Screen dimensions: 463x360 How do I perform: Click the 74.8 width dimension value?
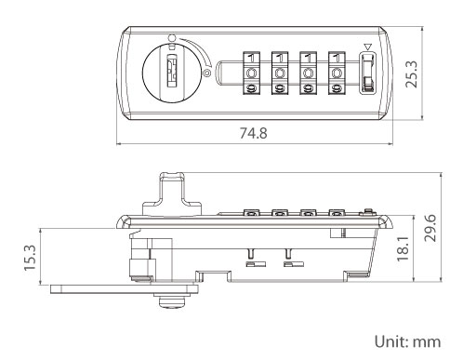[x=253, y=133]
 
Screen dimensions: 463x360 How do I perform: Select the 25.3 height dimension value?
[x=412, y=74]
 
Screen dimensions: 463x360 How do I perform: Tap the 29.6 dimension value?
[x=430, y=228]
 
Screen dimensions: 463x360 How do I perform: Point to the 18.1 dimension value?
[x=403, y=249]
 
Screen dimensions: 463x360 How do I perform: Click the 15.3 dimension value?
[x=31, y=258]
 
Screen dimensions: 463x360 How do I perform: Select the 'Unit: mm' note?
[x=407, y=341]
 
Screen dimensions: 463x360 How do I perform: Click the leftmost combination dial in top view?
[x=251, y=73]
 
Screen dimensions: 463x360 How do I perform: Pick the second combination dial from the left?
[x=280, y=73]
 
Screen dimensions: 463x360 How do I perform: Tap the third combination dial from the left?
[x=308, y=73]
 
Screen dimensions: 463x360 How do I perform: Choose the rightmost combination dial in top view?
[x=337, y=73]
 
